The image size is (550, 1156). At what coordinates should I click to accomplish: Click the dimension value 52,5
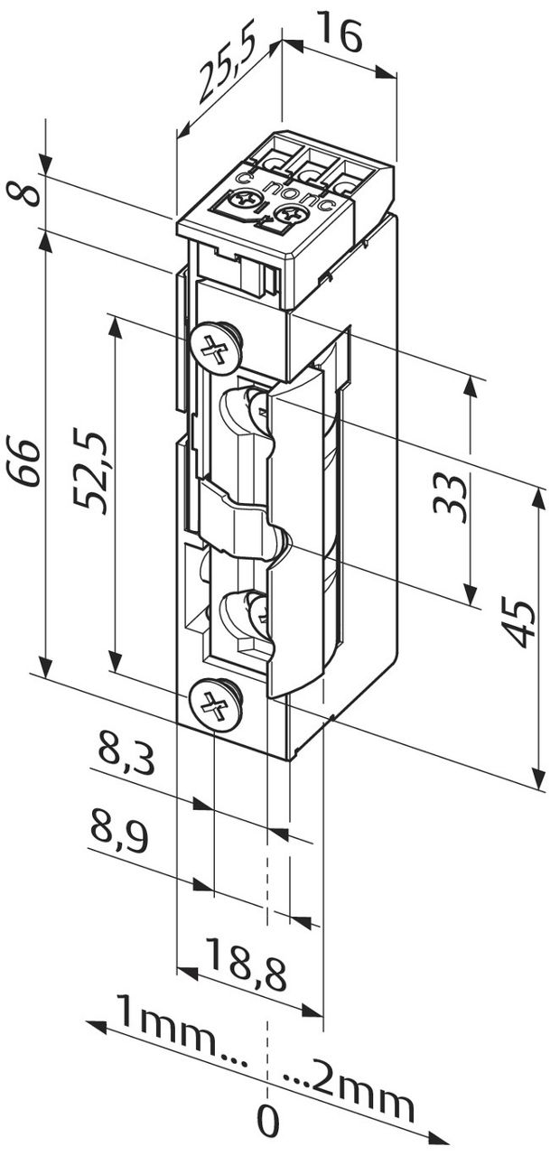(x=94, y=473)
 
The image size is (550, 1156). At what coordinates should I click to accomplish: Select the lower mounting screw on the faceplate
(x=215, y=704)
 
